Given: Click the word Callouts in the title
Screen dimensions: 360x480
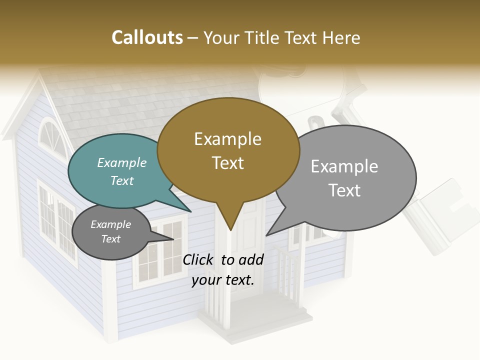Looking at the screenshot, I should click(x=147, y=37).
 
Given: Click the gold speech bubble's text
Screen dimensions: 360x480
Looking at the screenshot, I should click(x=228, y=150).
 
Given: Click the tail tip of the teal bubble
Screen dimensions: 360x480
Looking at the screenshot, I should click(x=190, y=212).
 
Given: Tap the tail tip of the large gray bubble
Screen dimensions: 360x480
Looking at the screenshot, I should click(x=267, y=235).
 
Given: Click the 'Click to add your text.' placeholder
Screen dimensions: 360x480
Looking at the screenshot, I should click(x=222, y=269).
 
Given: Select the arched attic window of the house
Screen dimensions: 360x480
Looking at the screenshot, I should click(x=52, y=137).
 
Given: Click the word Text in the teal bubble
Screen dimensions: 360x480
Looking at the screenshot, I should click(x=122, y=180).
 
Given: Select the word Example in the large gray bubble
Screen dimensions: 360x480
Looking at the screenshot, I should click(x=344, y=166).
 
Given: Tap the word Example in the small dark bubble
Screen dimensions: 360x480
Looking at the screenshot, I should click(x=111, y=224).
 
